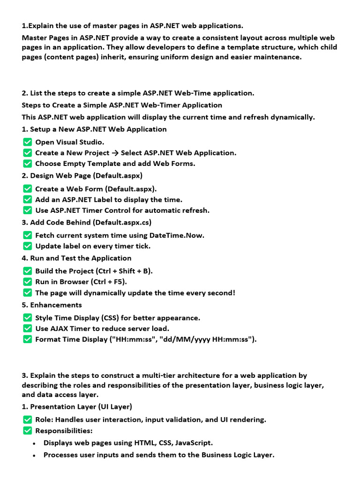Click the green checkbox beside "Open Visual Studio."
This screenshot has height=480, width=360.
coord(27,142)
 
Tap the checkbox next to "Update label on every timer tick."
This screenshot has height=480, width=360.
coord(27,246)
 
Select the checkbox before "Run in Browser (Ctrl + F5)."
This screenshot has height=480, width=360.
coord(27,282)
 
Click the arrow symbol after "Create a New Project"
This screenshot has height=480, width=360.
coord(114,153)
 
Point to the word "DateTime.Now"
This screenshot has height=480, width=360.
coord(177,235)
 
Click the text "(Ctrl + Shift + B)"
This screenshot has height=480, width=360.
coord(124,271)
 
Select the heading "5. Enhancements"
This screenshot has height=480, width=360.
coord(52,305)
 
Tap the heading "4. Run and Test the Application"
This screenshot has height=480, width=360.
coord(76,258)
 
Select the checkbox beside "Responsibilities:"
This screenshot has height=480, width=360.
coord(27,431)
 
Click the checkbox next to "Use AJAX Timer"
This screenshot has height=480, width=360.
coord(27,329)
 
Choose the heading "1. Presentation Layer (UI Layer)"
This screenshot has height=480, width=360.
coord(77,406)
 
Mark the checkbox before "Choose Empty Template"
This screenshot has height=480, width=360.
coord(27,164)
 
